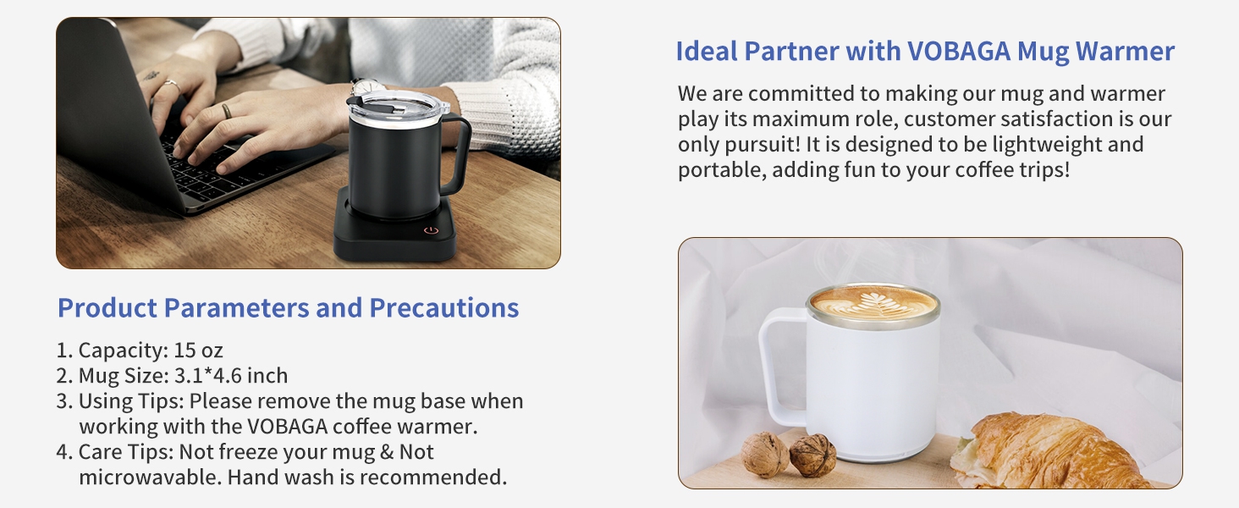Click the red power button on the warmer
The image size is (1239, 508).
[x=431, y=229]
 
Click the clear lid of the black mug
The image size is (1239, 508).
[x=396, y=102]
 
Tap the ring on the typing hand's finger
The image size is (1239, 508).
[x=226, y=110]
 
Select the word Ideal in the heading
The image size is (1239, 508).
[x=708, y=52]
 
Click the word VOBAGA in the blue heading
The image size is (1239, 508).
[x=959, y=52]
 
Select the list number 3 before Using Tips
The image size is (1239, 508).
[x=63, y=400]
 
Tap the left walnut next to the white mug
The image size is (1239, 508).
[x=765, y=455]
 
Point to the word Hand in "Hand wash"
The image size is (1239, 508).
[x=254, y=477]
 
